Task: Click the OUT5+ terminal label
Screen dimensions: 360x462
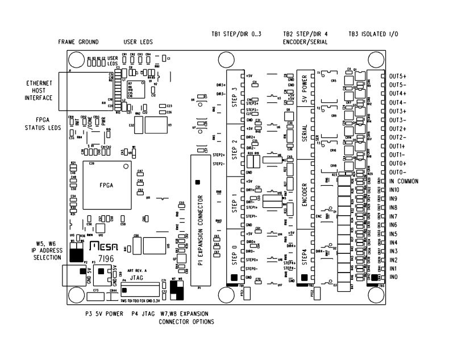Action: [398, 76]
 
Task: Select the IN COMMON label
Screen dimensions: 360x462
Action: [403, 181]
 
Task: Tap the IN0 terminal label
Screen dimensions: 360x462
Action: [394, 277]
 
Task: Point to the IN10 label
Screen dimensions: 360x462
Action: [396, 190]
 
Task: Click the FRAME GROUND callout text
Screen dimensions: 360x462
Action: [78, 43]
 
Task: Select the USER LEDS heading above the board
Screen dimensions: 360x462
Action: [138, 43]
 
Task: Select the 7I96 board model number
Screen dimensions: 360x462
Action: [103, 258]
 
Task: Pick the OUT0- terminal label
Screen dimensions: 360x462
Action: [397, 171]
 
